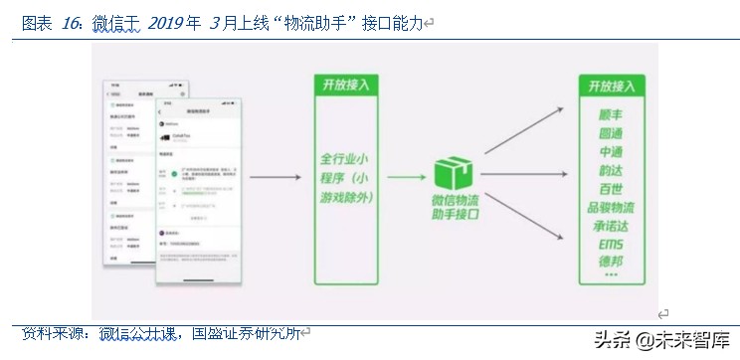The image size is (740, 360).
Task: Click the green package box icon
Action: pyautogui.click(x=453, y=175)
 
